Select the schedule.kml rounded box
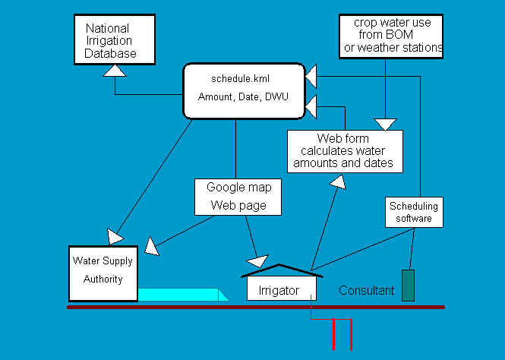tap(244, 90)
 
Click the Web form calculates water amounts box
tap(344, 151)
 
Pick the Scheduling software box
tap(413, 212)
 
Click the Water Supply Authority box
tap(103, 273)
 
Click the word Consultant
tap(366, 290)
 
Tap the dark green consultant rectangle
tap(408, 285)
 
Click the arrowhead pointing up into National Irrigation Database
tap(114, 70)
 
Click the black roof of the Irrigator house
tap(278, 269)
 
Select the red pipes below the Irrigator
tap(334, 331)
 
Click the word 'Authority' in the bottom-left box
tap(103, 279)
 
